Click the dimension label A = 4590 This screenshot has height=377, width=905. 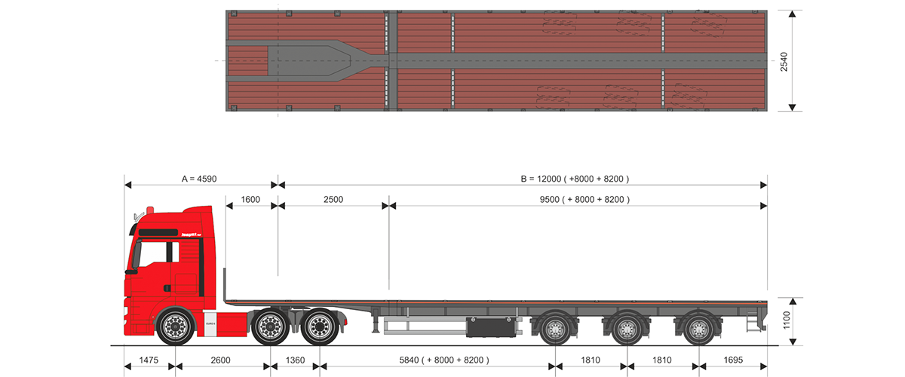coord(199,179)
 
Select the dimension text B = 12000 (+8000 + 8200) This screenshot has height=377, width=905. coord(575,179)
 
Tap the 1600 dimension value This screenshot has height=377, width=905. coord(250,199)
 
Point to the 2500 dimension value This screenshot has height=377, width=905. coord(333,199)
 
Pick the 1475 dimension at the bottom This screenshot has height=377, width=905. coord(149,360)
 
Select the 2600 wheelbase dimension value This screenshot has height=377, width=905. coord(221,360)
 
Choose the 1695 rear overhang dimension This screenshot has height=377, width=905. coord(732,360)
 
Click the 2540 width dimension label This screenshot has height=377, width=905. coord(785,61)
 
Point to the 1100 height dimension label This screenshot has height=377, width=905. coord(785,322)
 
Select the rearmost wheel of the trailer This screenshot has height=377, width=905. coord(697,328)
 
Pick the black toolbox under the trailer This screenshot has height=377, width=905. coord(490,326)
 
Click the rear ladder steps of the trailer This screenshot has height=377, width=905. coord(750,320)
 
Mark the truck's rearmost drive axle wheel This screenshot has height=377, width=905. coord(319,327)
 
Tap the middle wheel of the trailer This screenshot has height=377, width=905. coord(625,328)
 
